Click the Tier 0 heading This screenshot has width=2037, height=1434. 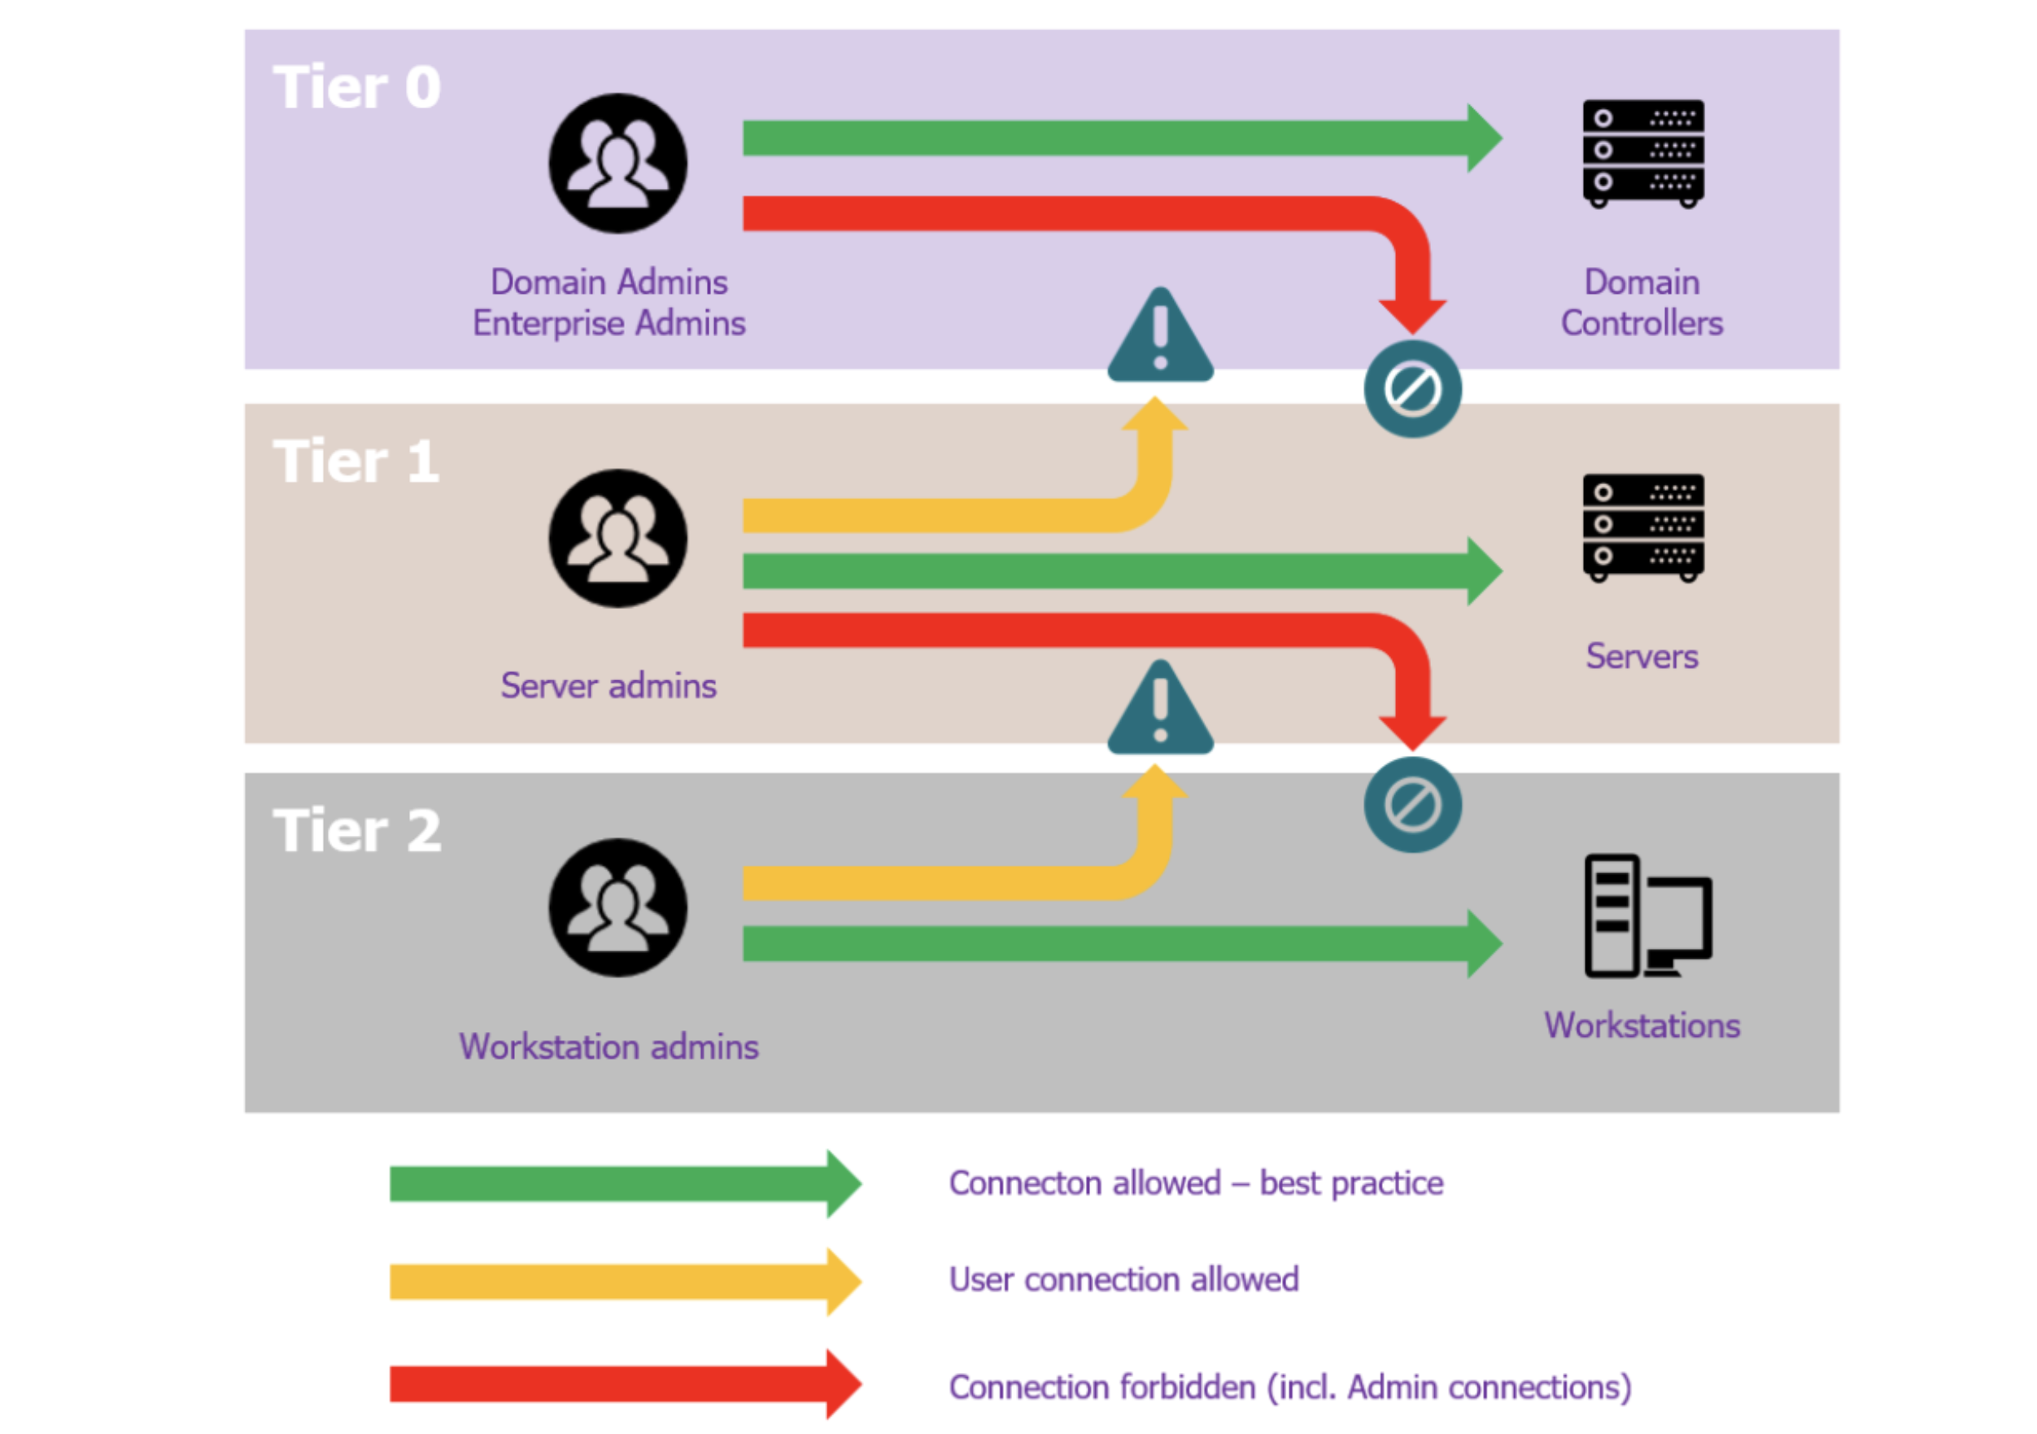pyautogui.click(x=356, y=88)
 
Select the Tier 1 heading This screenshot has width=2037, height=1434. pyautogui.click(x=356, y=461)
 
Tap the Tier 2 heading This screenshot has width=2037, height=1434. pyautogui.click(x=356, y=831)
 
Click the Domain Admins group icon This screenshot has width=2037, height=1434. pyautogui.click(x=617, y=164)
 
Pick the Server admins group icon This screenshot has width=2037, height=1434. pyautogui.click(x=617, y=539)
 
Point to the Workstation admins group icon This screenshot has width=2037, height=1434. pyautogui.click(x=617, y=907)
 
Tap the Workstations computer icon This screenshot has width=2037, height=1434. pyautogui.click(x=1647, y=916)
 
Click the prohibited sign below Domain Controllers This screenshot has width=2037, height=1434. pyautogui.click(x=1412, y=389)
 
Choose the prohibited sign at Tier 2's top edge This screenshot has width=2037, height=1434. pyautogui.click(x=1412, y=805)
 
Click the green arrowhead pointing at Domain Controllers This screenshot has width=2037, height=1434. pyautogui.click(x=1483, y=138)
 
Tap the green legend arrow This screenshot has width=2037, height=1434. pyautogui.click(x=625, y=1184)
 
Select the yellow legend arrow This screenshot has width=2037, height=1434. pyautogui.click(x=625, y=1281)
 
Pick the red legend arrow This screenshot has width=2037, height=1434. pyautogui.click(x=625, y=1384)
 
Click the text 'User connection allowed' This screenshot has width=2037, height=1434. pyautogui.click(x=1123, y=1279)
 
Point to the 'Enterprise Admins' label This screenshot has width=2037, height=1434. pyautogui.click(x=608, y=323)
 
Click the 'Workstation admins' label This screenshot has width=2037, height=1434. pyautogui.click(x=608, y=1047)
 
